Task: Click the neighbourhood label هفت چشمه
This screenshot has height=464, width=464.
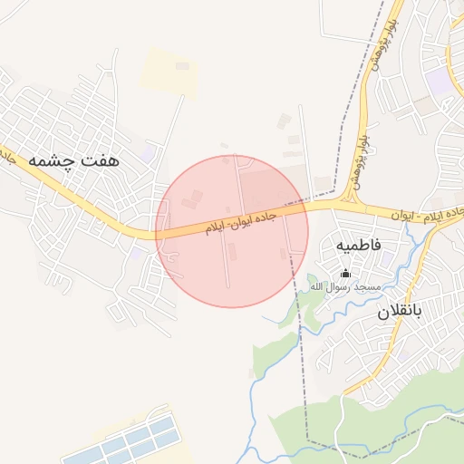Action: [85, 159]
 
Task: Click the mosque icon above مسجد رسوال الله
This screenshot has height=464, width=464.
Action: [343, 273]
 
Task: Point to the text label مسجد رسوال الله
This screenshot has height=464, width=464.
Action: [344, 286]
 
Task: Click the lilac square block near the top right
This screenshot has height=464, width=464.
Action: [440, 82]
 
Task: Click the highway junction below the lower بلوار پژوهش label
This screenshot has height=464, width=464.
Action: [348, 199]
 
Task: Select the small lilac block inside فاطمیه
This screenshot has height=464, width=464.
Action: [388, 258]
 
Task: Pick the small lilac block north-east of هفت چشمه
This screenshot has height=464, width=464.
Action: [147, 151]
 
